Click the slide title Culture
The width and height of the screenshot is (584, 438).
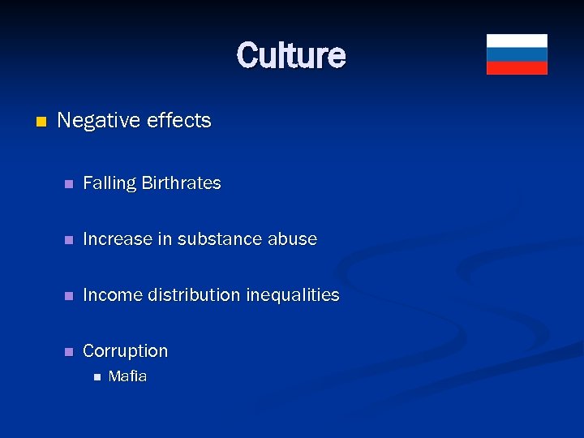pos(291,55)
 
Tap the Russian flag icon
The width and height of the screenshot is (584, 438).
pos(517,54)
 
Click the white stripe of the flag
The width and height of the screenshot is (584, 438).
pos(517,41)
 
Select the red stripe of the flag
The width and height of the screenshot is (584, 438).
pos(517,67)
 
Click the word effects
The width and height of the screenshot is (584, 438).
pos(179,121)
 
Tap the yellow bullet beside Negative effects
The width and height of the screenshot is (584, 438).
pos(41,122)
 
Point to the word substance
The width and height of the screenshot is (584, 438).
pos(216,239)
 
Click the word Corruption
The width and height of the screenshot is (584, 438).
pos(125,351)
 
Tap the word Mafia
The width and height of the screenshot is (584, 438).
pos(127,376)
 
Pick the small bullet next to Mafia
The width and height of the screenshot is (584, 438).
pos(97,376)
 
